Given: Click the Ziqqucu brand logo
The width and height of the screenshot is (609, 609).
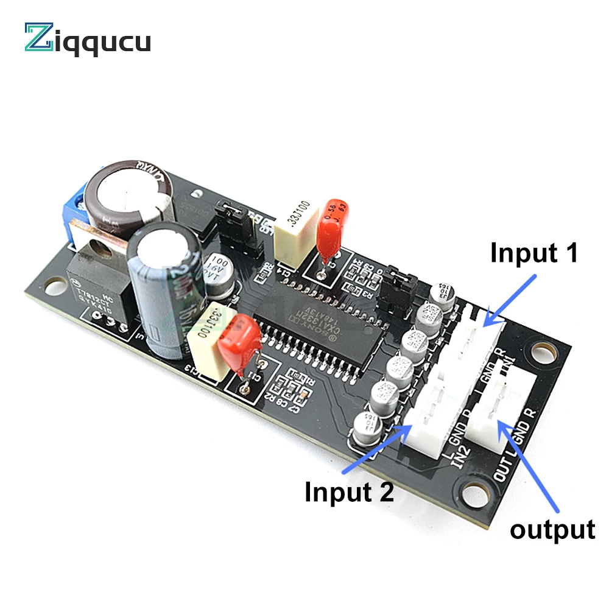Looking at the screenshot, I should [x=87, y=38].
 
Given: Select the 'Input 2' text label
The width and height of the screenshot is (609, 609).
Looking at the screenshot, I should [x=350, y=491].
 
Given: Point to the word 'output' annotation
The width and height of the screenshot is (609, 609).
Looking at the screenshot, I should [x=552, y=529].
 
